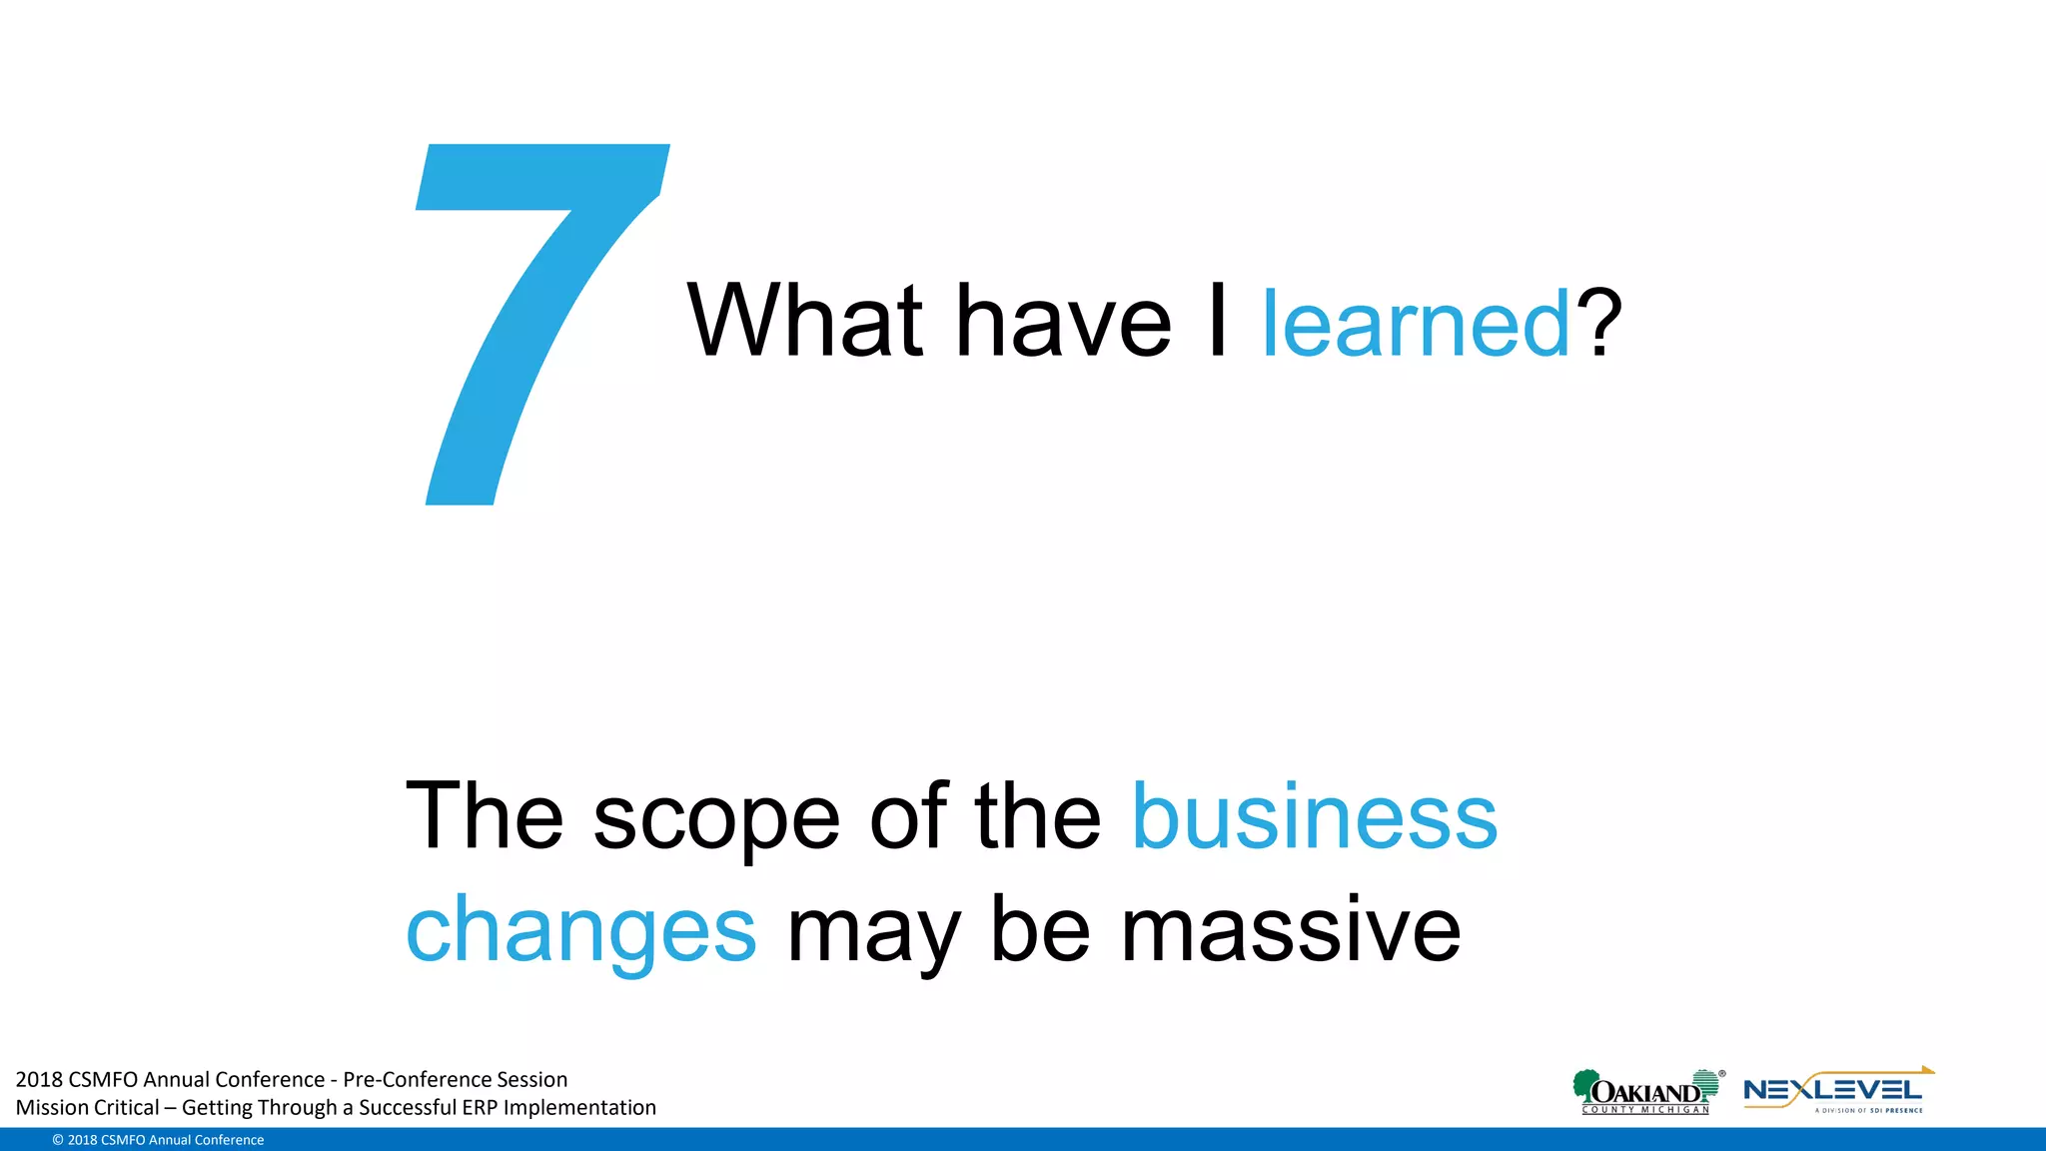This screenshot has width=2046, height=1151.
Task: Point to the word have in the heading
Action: point(1063,323)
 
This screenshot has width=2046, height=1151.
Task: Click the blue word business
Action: point(1314,816)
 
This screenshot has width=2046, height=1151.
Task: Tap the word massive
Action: point(1291,929)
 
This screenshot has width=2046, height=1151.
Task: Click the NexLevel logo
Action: point(1836,1091)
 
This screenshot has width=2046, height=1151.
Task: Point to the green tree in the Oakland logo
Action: point(1584,1085)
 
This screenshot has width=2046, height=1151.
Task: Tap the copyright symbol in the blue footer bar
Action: point(58,1140)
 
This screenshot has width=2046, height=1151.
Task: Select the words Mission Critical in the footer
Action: point(88,1107)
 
